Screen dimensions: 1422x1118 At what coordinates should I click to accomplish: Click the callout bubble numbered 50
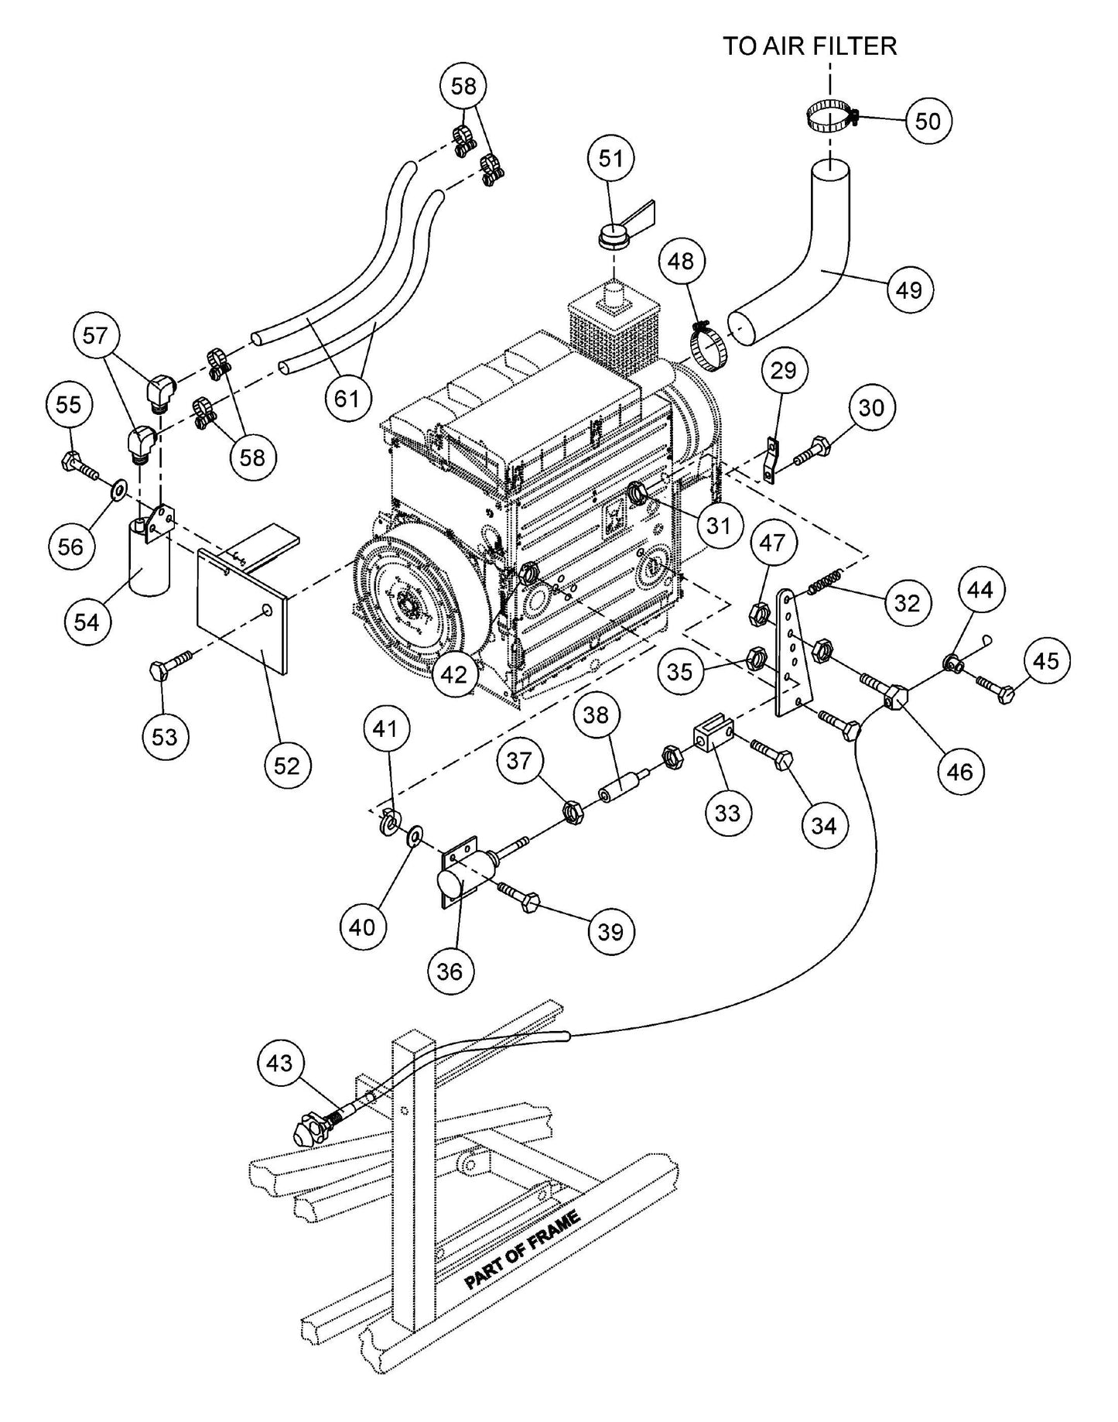pyautogui.click(x=928, y=121)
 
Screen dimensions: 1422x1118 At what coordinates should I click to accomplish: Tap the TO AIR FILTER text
pyautogui.click(x=809, y=46)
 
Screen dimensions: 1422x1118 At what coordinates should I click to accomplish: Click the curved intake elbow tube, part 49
pyautogui.click(x=820, y=263)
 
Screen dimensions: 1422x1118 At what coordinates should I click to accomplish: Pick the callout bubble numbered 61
pyautogui.click(x=347, y=398)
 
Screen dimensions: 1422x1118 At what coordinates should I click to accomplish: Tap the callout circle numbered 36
pyautogui.click(x=450, y=971)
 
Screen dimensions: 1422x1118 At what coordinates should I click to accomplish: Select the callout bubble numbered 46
pyautogui.click(x=960, y=771)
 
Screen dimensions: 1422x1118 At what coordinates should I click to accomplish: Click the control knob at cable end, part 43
pyautogui.click(x=308, y=1132)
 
